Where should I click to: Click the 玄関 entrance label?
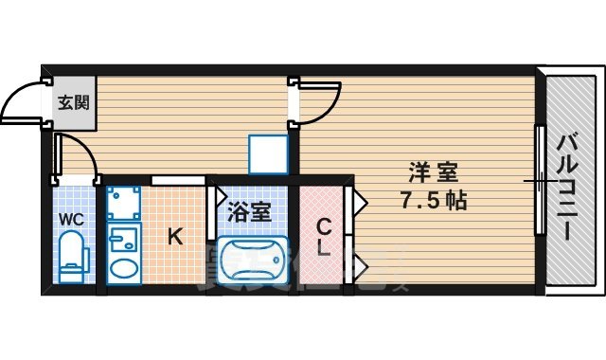71,100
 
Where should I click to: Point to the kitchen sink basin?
123,267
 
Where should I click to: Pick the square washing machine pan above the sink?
122,203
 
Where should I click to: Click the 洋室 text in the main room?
435,173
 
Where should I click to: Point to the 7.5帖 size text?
434,201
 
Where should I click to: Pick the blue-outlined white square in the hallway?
267,153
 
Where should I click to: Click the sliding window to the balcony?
539,179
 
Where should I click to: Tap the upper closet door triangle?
360,201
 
